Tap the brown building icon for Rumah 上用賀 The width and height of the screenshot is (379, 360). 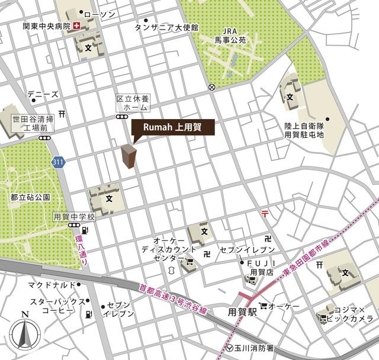point(129,157)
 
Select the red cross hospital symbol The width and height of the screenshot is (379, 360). point(76,27)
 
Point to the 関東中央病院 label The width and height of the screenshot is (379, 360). point(46,27)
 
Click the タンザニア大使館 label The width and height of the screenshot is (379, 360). point(166,27)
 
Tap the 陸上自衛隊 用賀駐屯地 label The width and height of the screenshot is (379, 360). point(304,130)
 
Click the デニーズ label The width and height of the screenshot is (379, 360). point(43,94)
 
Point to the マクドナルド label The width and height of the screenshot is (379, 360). point(50,285)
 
